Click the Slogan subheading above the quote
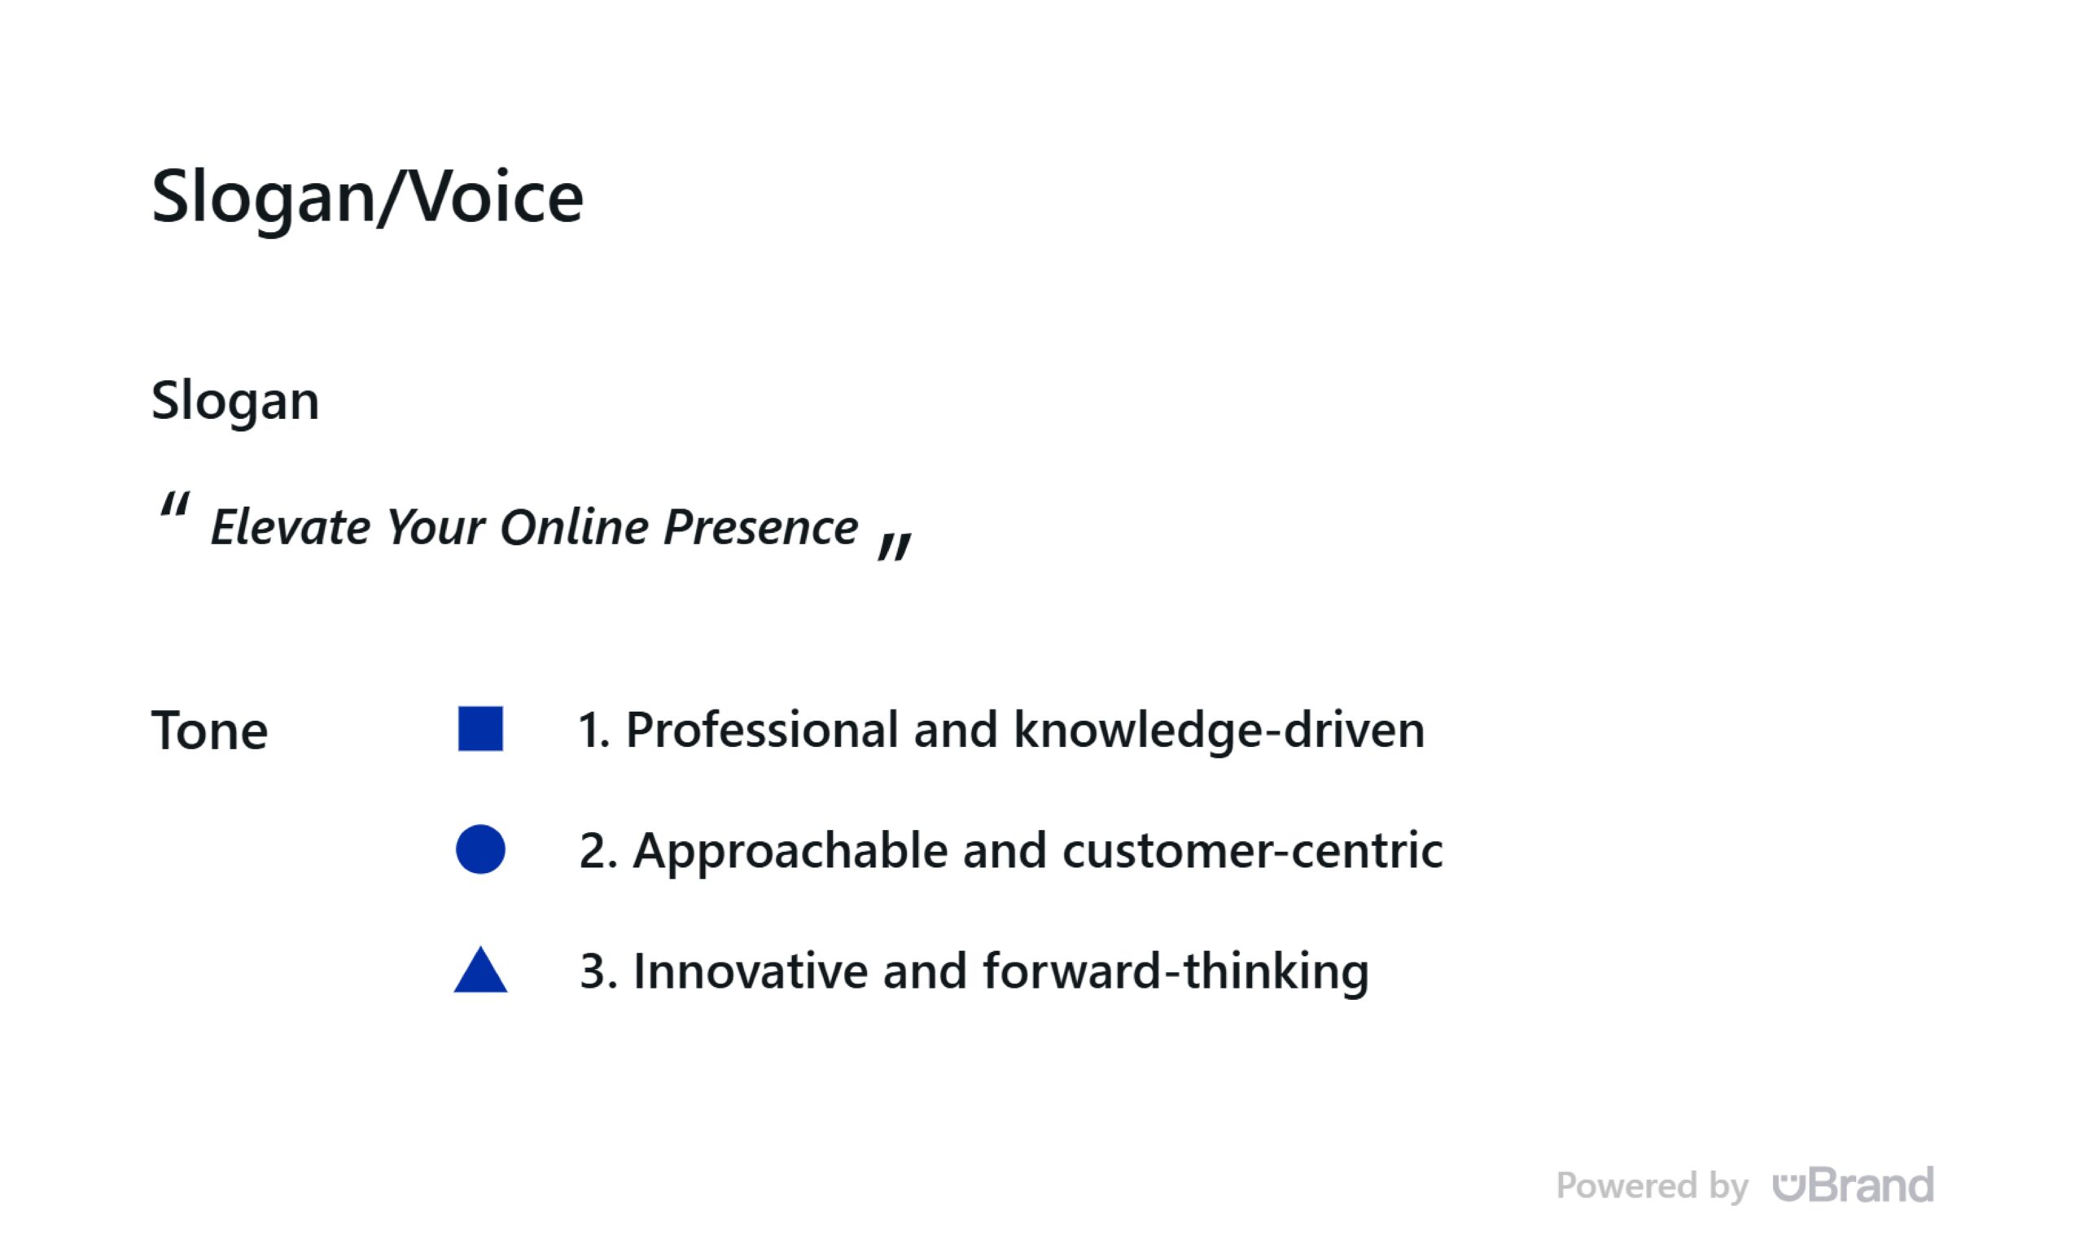235,400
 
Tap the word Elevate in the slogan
290,527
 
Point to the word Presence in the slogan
761,527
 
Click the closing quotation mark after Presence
895,547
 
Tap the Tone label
209,731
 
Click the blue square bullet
480,729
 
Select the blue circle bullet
480,849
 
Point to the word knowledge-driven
1219,731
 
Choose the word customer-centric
1253,850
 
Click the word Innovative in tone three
751,971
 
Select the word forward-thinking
1176,972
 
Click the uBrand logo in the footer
1854,1185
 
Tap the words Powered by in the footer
1652,1187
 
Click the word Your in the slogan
436,527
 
